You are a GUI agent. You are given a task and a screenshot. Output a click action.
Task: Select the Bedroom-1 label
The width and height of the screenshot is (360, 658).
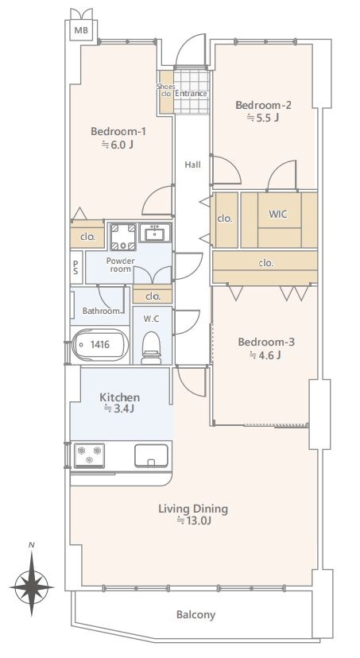pyautogui.click(x=118, y=131)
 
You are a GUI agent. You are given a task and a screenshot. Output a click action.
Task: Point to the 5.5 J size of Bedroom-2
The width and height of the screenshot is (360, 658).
pyautogui.click(x=263, y=118)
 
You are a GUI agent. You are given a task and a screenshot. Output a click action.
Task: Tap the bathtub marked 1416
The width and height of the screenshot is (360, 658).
pyautogui.click(x=100, y=345)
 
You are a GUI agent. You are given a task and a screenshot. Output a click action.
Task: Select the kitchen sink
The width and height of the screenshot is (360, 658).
pyautogui.click(x=151, y=455)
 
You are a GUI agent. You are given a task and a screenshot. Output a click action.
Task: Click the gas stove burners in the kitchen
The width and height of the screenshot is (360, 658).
pyautogui.click(x=89, y=455)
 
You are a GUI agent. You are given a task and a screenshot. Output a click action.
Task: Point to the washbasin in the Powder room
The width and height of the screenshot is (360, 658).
pyautogui.click(x=155, y=233)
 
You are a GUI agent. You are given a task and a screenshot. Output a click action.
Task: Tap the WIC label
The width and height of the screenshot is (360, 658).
pyautogui.click(x=278, y=214)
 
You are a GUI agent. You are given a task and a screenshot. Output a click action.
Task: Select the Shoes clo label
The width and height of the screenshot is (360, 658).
pyautogui.click(x=166, y=91)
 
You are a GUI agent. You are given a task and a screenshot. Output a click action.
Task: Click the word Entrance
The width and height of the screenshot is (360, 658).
pyautogui.click(x=191, y=94)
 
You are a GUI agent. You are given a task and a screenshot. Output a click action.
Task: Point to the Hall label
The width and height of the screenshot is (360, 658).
pyautogui.click(x=192, y=165)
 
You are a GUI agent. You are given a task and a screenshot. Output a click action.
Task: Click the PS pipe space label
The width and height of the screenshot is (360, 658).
pyautogui.click(x=75, y=267)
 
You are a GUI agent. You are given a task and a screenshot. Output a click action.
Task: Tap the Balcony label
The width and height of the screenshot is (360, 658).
pyautogui.click(x=196, y=615)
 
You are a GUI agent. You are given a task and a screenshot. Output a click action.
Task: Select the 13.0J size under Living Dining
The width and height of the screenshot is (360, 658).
pyautogui.click(x=193, y=521)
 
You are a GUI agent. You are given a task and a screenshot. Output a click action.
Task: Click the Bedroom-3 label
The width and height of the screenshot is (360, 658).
pyautogui.click(x=266, y=342)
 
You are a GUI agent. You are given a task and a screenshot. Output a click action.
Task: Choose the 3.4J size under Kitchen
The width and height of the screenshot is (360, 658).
pyautogui.click(x=119, y=408)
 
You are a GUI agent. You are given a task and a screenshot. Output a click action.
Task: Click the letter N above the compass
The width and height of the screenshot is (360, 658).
pyautogui.click(x=31, y=545)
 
